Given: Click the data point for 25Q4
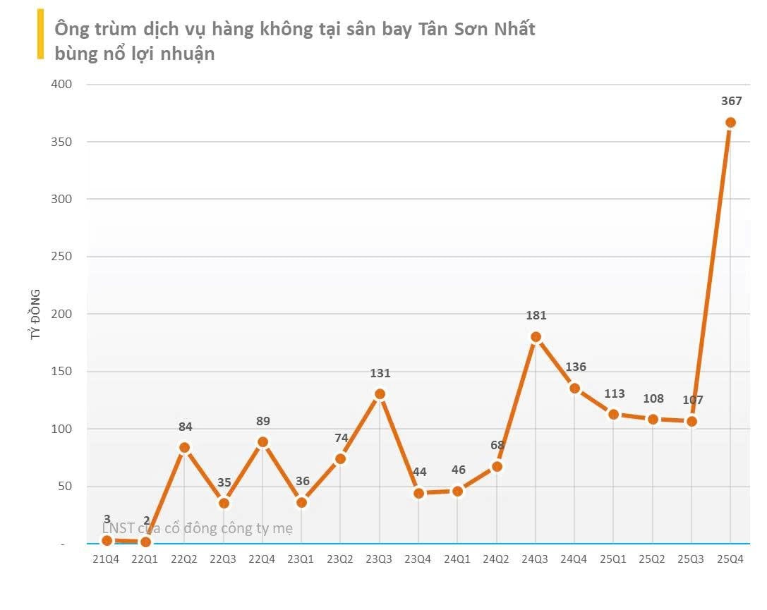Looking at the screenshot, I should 730,122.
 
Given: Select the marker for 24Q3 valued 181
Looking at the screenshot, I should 536,336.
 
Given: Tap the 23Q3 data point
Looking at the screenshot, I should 380,394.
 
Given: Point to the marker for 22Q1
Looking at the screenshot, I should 145,542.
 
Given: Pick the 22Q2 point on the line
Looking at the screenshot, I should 184,447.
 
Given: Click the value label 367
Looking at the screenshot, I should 731,102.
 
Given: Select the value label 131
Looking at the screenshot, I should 380,374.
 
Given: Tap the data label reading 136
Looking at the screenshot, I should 575,367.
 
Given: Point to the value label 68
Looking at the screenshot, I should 497,445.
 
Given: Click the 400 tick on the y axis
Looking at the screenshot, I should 62,85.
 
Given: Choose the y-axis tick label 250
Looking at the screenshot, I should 62,257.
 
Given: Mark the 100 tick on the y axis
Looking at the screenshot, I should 62,429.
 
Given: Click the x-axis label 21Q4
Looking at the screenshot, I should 107,559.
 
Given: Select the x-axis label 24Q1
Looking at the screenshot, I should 457,559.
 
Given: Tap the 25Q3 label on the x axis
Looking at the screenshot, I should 691,559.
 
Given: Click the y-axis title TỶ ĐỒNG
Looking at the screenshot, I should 35,315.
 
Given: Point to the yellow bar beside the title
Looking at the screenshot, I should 40,34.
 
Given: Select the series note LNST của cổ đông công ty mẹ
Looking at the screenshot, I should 198,527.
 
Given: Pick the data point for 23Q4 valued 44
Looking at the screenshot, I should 418,493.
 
